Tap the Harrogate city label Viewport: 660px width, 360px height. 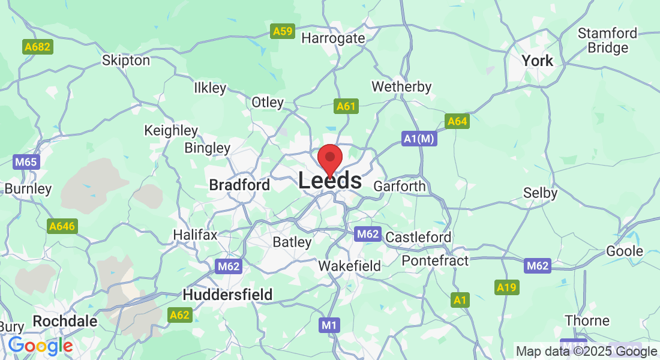(x=333, y=38)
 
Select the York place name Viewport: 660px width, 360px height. (x=537, y=61)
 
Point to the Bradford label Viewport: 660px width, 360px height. (x=239, y=185)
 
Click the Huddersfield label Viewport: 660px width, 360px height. (x=227, y=295)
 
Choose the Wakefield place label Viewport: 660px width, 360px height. (x=349, y=266)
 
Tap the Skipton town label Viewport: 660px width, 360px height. (x=126, y=61)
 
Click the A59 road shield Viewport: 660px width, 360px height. (x=282, y=31)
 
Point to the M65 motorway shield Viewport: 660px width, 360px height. (x=25, y=162)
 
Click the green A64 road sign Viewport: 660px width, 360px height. (x=457, y=122)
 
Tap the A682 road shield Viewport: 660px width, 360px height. (x=38, y=46)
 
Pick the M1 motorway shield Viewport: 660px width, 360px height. (x=329, y=325)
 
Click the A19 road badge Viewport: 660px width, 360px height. (x=506, y=288)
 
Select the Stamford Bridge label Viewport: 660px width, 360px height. (x=607, y=40)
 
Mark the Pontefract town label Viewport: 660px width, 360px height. (x=435, y=260)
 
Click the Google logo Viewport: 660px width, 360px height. (x=40, y=346)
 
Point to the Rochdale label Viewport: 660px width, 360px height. (x=65, y=321)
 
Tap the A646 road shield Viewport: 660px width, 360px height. (x=62, y=226)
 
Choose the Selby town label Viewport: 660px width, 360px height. (x=540, y=193)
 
